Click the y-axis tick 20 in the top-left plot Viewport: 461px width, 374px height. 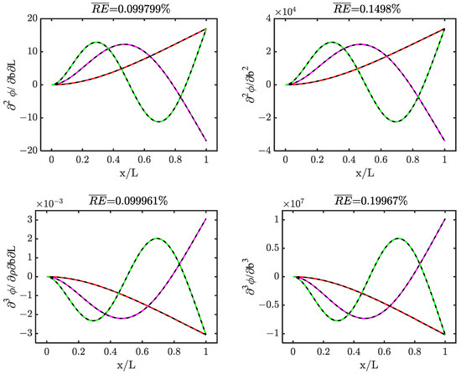click(x=31, y=18)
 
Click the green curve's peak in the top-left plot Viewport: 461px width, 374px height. click(x=96, y=42)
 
